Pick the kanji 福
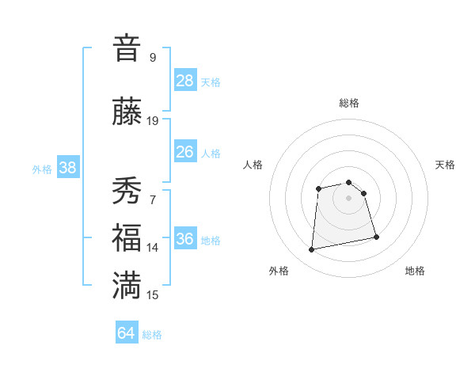click(127, 238)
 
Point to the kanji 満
click(127, 286)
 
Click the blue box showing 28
click(185, 80)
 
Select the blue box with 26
click(185, 152)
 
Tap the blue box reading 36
click(185, 239)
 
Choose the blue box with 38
click(67, 168)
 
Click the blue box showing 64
click(127, 333)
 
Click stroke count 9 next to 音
click(152, 57)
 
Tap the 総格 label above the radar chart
click(349, 103)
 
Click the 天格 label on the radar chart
click(446, 165)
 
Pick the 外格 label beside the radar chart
click(279, 271)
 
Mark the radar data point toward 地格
click(376, 237)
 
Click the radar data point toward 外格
click(312, 250)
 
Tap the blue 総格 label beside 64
click(152, 335)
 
